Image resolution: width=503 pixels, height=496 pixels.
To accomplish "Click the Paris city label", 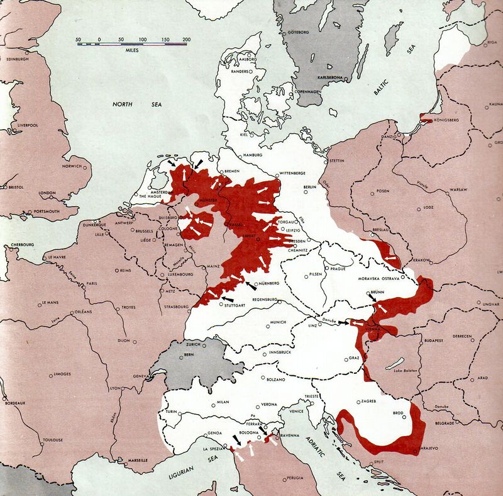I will click(x=96, y=283).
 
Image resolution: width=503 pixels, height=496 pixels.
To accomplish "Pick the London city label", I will click(x=48, y=193).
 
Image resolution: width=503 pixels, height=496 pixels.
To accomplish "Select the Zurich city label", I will click(x=193, y=345).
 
